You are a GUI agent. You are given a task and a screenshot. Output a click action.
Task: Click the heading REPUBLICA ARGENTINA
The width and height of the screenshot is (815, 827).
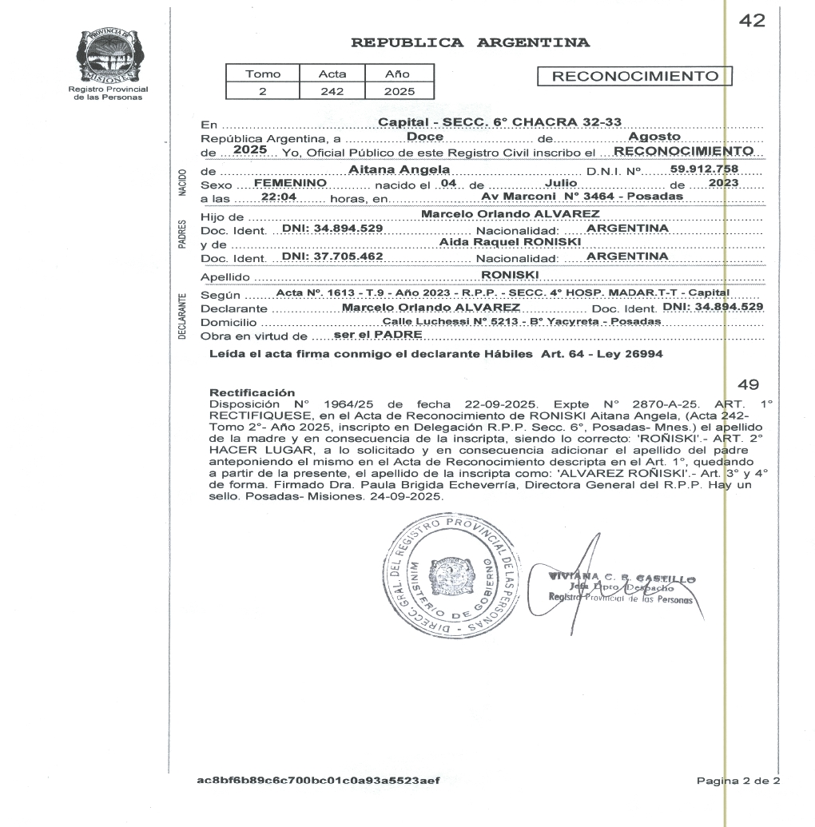click(471, 42)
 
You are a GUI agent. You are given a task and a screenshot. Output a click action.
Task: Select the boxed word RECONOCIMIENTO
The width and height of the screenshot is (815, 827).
click(636, 77)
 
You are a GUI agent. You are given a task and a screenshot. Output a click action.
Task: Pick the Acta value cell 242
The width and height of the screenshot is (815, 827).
click(332, 91)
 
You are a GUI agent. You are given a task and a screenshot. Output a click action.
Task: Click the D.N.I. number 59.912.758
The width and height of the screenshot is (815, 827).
click(703, 169)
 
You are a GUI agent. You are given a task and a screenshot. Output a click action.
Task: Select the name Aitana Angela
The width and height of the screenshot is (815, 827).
click(400, 170)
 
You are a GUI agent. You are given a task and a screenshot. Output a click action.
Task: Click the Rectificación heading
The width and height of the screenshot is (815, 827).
click(252, 392)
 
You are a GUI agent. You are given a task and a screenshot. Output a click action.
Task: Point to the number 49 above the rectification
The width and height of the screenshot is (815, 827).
click(749, 384)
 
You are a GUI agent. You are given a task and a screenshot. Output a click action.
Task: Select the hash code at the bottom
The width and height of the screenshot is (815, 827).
click(318, 780)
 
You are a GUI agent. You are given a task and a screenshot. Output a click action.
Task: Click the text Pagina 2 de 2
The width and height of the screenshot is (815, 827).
click(737, 780)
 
